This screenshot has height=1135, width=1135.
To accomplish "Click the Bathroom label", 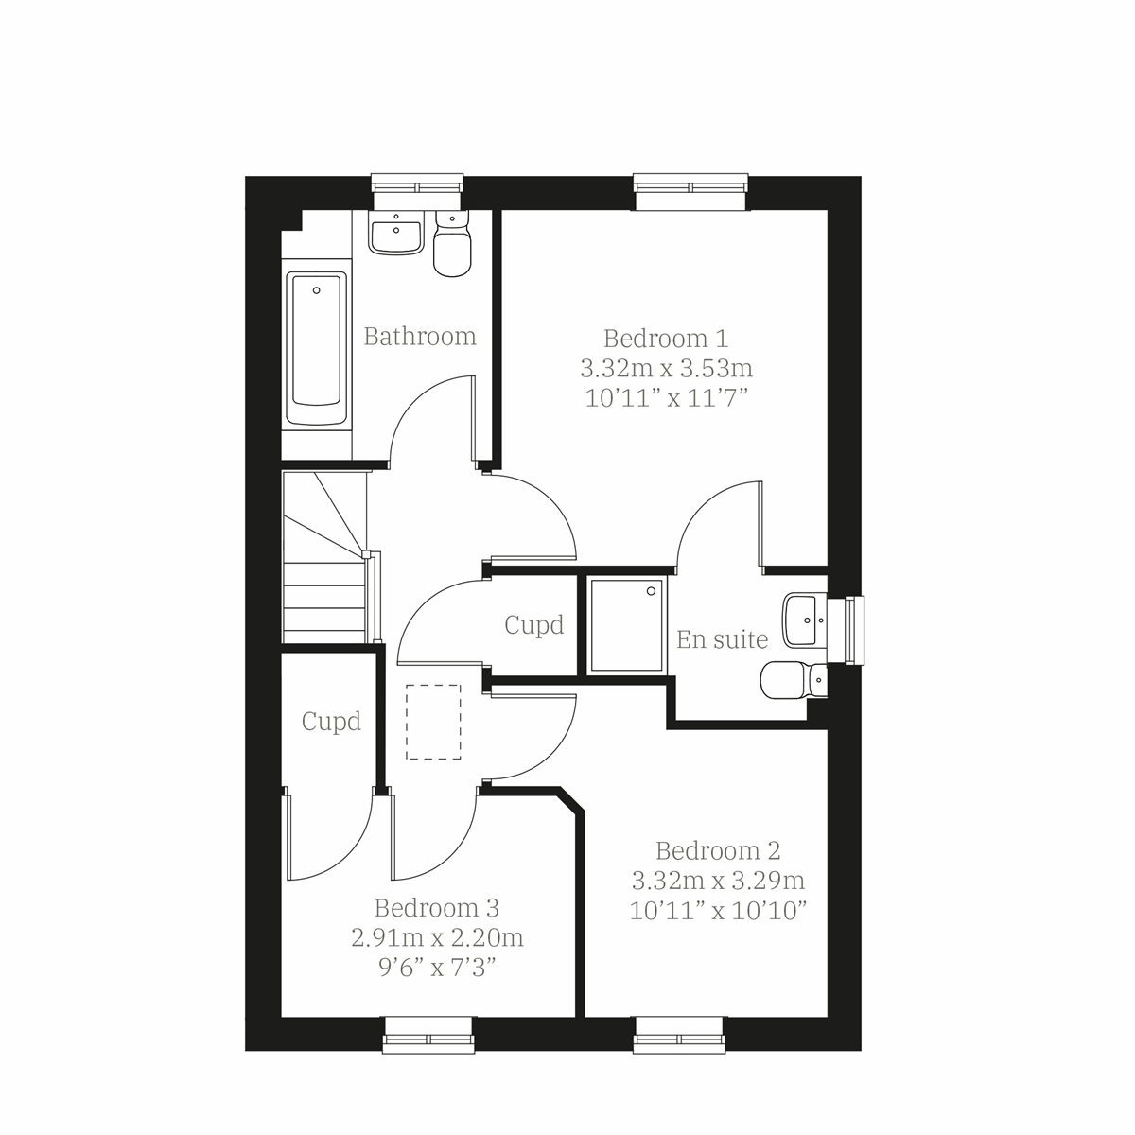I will coord(420,337).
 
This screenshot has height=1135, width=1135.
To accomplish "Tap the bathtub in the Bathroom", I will coord(317,350).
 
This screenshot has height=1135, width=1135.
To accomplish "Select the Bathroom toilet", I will coord(451,247).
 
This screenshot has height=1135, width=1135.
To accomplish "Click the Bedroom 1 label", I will coord(666,338).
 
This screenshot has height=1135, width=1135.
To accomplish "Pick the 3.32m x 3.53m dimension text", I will coord(666,367).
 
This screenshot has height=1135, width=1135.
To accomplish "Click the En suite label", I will coord(722,640).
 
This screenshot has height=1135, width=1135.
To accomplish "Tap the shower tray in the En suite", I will coord(624,625).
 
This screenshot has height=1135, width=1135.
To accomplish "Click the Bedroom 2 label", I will coord(718,851).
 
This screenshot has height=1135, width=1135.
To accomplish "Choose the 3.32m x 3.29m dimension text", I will coord(718,882).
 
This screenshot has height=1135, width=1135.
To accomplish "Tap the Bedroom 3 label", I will coord(436,909).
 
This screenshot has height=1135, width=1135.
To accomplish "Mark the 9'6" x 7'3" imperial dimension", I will coord(436,969).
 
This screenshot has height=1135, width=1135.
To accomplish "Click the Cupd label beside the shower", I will coord(534,625).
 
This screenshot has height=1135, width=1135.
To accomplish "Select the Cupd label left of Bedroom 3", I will coord(331,722).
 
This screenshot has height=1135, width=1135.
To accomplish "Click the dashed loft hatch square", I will coord(433,723).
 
